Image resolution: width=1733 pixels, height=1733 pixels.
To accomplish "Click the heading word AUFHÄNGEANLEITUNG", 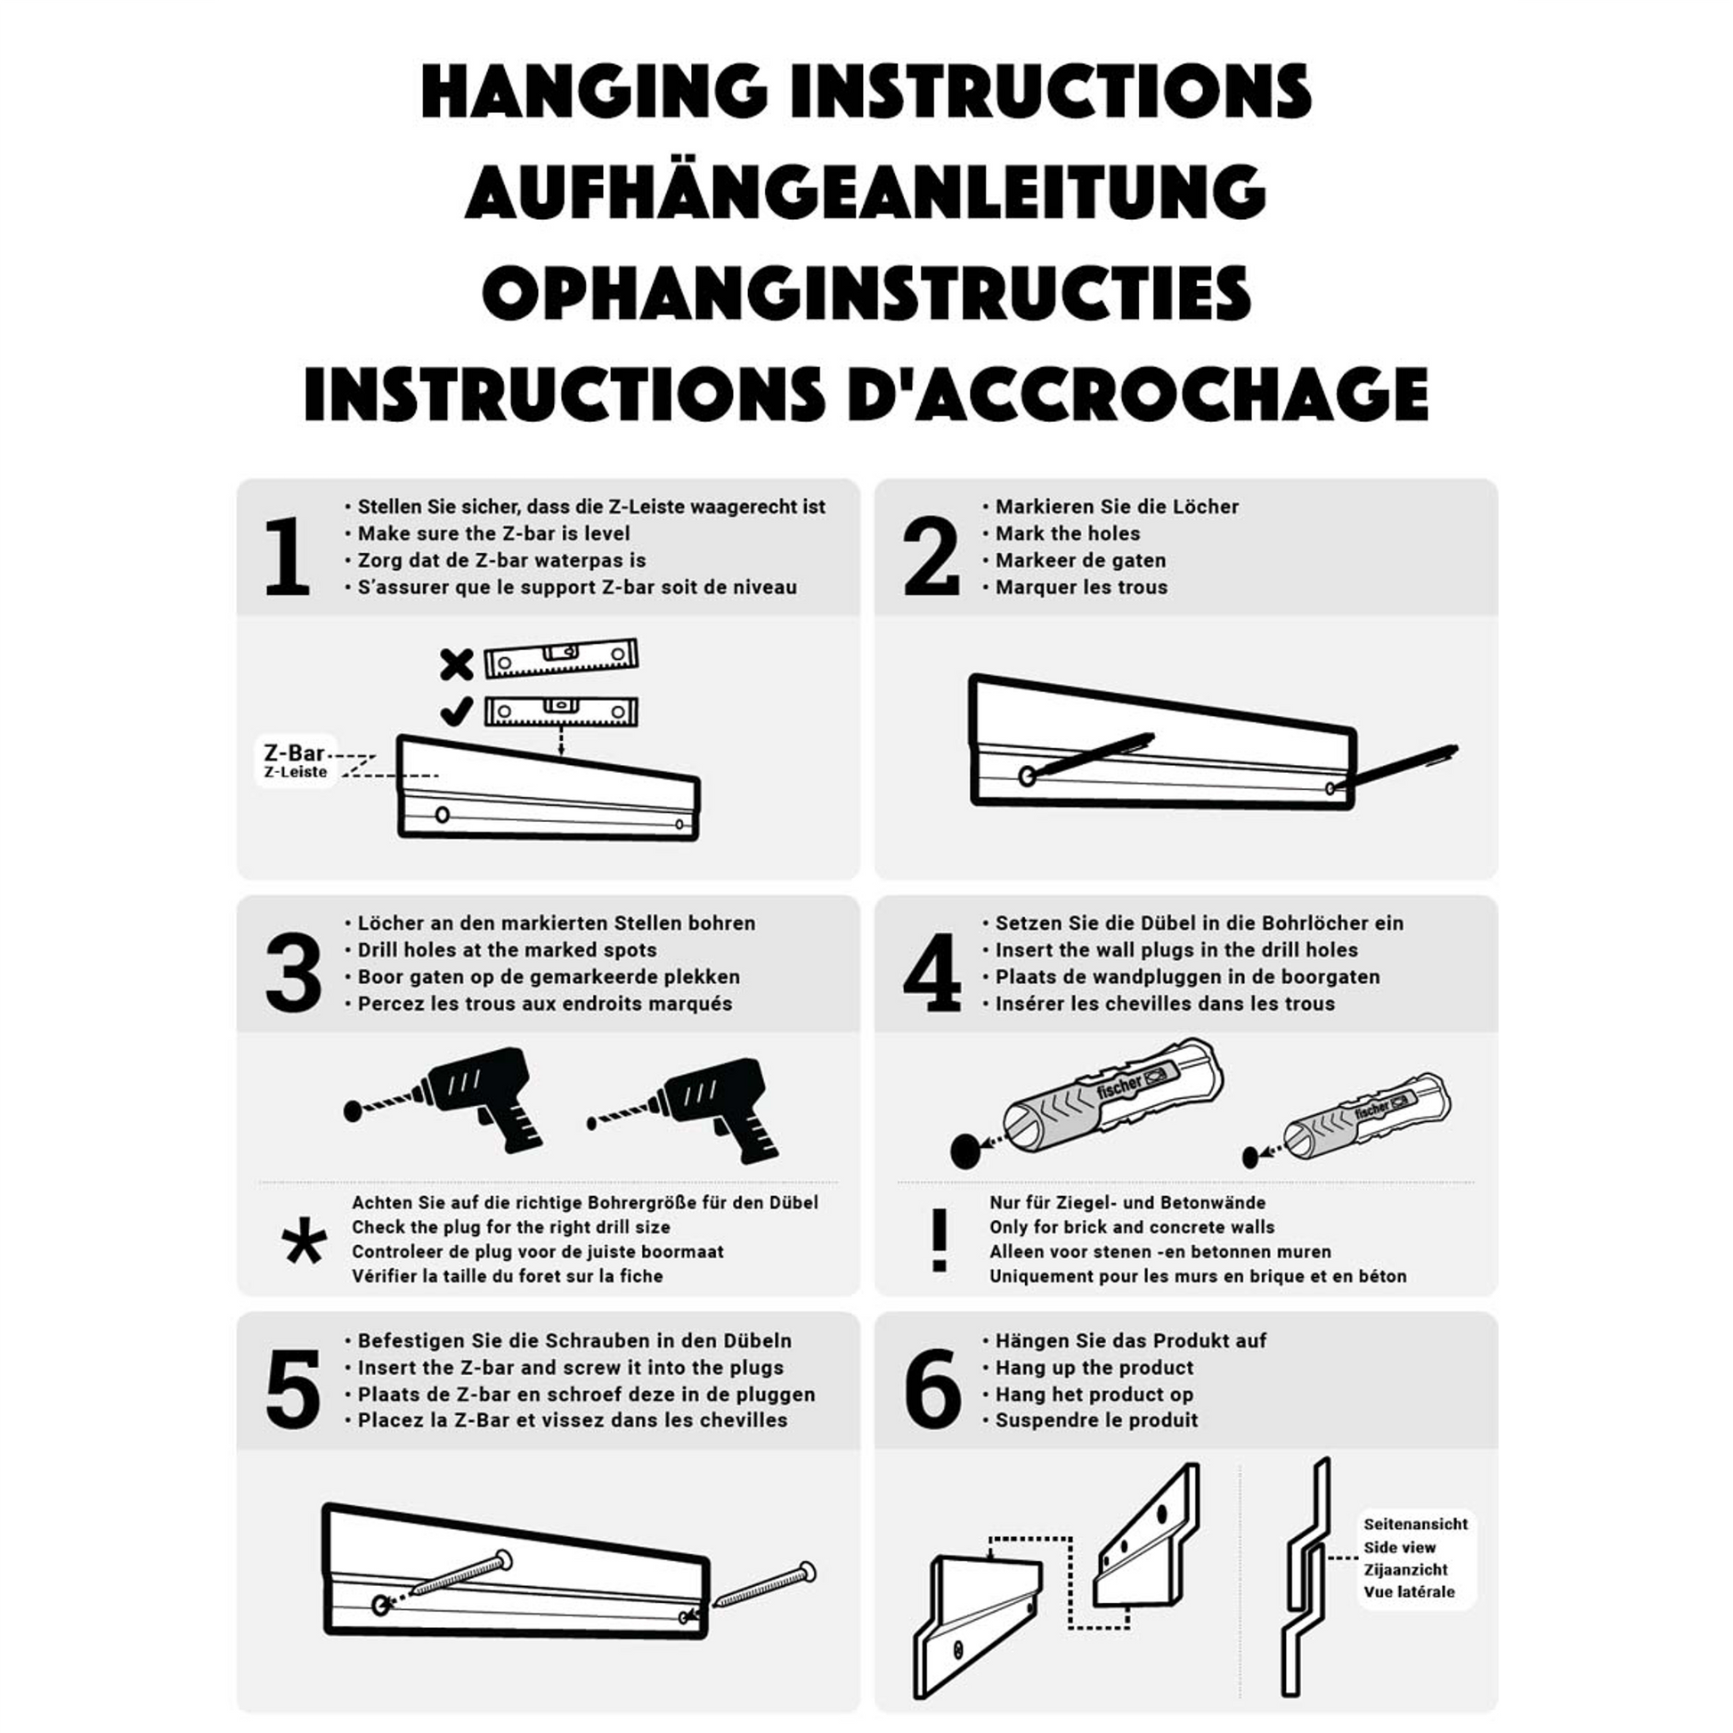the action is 866,191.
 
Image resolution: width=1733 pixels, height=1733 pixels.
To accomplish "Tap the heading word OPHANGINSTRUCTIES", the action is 866,292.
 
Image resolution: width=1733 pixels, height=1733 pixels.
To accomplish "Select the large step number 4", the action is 932,973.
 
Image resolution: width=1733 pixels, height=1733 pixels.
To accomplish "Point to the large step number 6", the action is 933,1389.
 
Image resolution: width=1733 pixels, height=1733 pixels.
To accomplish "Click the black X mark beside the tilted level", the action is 457,664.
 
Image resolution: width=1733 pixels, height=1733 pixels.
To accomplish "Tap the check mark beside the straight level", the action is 457,712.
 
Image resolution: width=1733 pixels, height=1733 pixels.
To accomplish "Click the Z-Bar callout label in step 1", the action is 295,761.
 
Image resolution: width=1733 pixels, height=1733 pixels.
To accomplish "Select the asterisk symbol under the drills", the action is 304,1241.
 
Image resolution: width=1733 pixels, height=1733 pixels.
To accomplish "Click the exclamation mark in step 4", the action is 940,1241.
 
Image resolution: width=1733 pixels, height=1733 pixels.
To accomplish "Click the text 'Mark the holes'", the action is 1068,533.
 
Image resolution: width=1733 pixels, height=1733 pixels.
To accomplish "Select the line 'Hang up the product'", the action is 1094,1368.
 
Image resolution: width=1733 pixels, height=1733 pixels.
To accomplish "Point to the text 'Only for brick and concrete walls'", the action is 1132,1227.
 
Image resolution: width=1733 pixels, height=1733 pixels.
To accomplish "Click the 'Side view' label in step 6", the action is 1399,1548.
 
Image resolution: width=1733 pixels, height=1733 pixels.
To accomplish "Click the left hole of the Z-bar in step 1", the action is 443,815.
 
